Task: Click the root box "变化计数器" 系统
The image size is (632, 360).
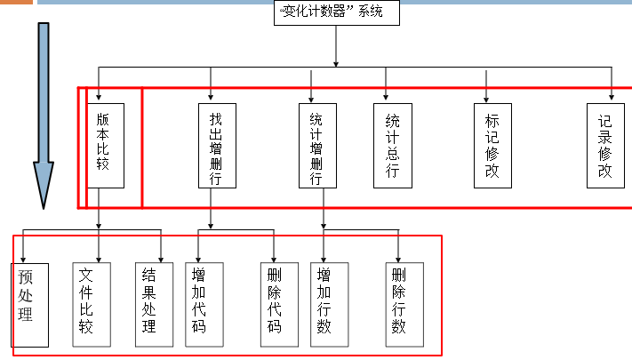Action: click(x=337, y=12)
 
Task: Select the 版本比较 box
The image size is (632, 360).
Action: click(x=105, y=145)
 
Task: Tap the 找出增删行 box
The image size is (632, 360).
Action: click(x=217, y=145)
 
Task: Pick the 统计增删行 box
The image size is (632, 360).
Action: click(x=317, y=145)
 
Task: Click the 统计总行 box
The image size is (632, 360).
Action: click(x=392, y=145)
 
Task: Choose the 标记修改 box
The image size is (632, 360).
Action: click(x=492, y=145)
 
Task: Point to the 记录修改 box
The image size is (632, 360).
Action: click(x=605, y=145)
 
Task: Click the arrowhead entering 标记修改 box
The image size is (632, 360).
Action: click(x=487, y=99)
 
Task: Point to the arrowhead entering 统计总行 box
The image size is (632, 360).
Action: click(x=387, y=99)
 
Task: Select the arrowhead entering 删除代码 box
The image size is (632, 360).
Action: click(x=275, y=259)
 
